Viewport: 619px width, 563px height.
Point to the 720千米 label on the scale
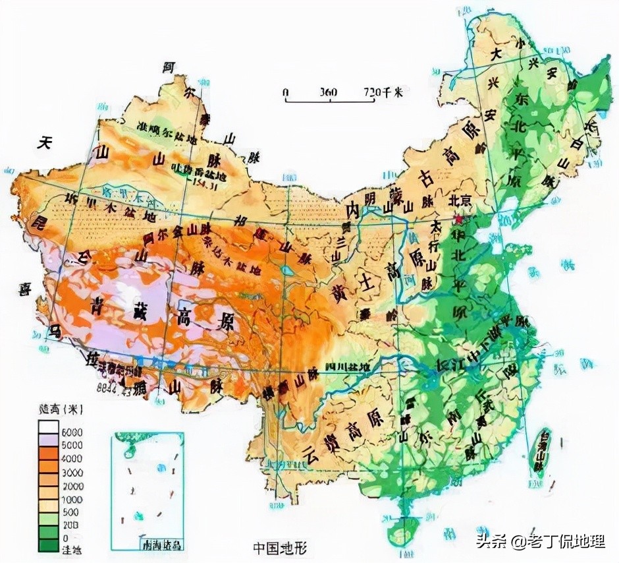click(382, 93)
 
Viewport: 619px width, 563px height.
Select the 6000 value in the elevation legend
click(72, 431)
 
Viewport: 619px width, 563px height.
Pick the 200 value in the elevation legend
click(71, 525)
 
